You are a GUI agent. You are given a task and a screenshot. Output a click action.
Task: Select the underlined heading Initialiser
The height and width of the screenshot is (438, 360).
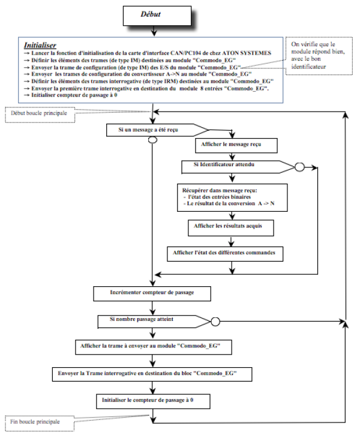41,45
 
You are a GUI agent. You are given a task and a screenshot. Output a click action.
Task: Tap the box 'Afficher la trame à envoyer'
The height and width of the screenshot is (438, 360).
153,347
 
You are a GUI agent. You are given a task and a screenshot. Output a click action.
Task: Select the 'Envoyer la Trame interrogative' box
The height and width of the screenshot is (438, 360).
152,373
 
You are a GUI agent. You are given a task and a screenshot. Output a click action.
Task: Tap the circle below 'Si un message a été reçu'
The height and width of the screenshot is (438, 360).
152,140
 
